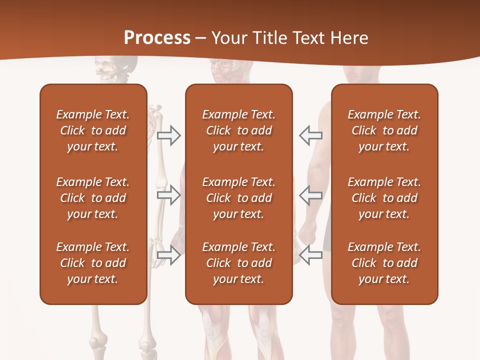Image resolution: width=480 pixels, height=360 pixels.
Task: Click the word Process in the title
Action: [x=157, y=38]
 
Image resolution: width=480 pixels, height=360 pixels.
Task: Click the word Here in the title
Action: [x=349, y=38]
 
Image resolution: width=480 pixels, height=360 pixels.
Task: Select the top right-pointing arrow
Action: [x=168, y=135]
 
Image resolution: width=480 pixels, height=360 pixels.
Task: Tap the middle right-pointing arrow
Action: [x=168, y=195]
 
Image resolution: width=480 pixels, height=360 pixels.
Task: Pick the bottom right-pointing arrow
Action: [x=168, y=255]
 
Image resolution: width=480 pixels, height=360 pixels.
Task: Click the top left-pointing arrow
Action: [x=310, y=135]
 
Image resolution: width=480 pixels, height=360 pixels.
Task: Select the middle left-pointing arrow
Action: [x=310, y=195]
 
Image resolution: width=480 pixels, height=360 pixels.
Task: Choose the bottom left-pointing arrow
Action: [x=310, y=255]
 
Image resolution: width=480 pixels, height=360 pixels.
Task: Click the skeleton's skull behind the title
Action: [x=111, y=70]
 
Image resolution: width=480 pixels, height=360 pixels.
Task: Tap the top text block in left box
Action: [x=93, y=130]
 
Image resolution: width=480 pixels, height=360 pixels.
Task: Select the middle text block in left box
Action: [x=93, y=198]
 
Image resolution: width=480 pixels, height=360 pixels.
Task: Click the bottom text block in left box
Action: [x=93, y=263]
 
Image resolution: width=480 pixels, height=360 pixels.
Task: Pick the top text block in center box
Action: [x=238, y=130]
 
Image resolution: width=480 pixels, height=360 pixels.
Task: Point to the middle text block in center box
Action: [x=238, y=198]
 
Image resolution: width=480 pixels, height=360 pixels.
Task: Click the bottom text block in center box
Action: [x=238, y=263]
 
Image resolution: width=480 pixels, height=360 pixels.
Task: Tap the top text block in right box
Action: [x=384, y=130]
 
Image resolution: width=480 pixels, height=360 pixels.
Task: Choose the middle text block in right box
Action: [x=384, y=198]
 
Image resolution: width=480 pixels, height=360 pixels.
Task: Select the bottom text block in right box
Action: [x=384, y=263]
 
